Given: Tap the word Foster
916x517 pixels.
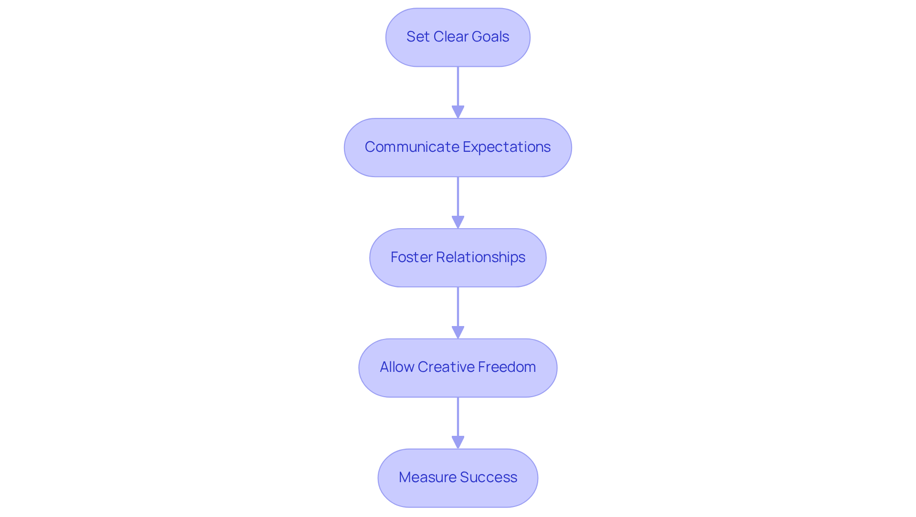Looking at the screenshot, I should tap(411, 257).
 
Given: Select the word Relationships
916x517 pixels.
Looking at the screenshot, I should tap(480, 257).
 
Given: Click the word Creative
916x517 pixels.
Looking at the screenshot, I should tap(446, 367).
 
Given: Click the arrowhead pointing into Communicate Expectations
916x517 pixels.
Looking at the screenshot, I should tap(458, 112).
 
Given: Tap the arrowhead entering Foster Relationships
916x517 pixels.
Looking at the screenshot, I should tap(458, 222).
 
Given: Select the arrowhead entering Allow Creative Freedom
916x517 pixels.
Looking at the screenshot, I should tap(458, 332).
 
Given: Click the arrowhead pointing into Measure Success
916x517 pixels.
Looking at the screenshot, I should tap(458, 442).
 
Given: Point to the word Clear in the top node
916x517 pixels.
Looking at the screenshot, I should tap(450, 37).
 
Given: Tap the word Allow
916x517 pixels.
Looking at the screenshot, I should tap(396, 367).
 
